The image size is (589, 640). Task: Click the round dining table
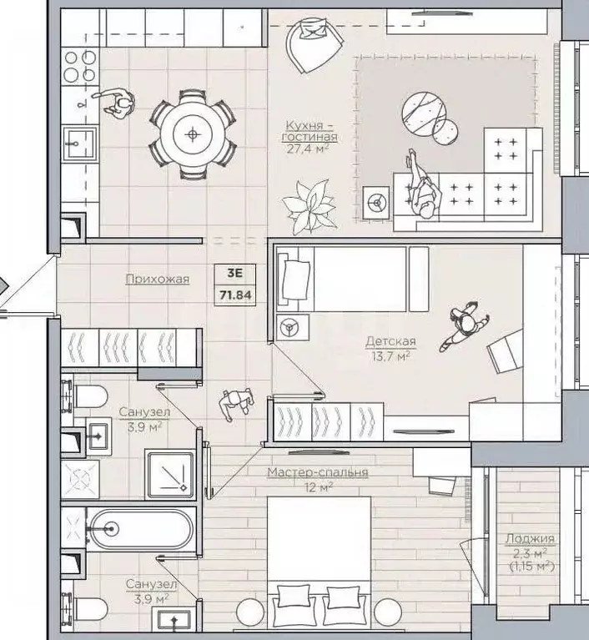pos(193,134)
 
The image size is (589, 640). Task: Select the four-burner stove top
pos(79,66)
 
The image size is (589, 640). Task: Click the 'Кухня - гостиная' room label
pos(310,131)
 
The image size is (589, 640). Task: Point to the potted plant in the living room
pos(310,207)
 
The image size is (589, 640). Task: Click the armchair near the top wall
pos(314,45)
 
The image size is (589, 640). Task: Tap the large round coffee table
pos(423,113)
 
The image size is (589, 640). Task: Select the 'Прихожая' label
pos(157,280)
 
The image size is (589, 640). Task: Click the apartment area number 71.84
pos(235,295)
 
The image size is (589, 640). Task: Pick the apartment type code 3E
pos(234,273)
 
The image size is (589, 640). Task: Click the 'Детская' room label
pos(390,341)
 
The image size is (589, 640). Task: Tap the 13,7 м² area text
pos(390,356)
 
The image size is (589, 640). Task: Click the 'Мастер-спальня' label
pos(318,472)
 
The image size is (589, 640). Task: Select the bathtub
pos(141,529)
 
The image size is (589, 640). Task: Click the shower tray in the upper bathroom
pos(170,474)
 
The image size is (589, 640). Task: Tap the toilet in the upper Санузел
pos(87,396)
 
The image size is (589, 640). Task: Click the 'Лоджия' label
pos(530,539)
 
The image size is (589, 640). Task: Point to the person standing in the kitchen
pos(116,103)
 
